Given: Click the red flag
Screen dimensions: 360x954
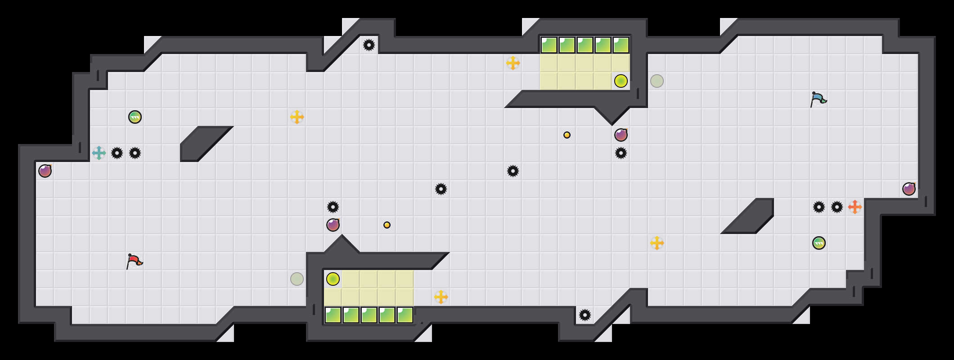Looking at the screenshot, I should coord(134,261).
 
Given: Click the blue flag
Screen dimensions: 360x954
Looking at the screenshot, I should coord(818,99).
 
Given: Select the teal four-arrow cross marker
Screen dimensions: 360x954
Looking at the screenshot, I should coord(99,153).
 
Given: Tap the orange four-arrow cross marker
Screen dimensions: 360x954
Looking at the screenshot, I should coord(855,207).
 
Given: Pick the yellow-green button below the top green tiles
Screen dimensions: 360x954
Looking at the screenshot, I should coord(621,81).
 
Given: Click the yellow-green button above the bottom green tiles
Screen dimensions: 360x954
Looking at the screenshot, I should coord(333,279).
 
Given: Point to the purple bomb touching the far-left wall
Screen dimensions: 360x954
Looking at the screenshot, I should coord(45,171).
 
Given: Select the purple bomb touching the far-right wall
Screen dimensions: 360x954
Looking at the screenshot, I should coord(909,189).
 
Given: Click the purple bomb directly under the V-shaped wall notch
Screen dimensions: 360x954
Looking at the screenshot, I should coord(621,135).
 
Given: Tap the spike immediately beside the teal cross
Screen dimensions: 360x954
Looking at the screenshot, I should coord(117,153).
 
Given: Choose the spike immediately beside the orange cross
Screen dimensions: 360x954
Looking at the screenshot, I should coord(837,207).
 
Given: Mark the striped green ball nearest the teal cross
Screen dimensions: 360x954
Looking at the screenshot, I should coord(135,117).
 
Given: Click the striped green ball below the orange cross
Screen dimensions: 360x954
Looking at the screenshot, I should coord(819,243).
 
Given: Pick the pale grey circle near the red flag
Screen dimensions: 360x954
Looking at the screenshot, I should coord(297,279).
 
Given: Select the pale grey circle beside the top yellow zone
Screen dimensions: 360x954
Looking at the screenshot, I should coord(657,81).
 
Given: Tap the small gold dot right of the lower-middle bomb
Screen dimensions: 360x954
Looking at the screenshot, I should coord(387,225).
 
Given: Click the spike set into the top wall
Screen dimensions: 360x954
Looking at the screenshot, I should coord(369,45).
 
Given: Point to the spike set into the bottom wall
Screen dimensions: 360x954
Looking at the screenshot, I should coord(585,315).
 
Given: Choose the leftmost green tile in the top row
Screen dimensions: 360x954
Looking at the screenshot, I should coord(549,45).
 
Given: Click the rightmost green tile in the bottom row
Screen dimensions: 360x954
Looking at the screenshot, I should coord(405,315).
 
